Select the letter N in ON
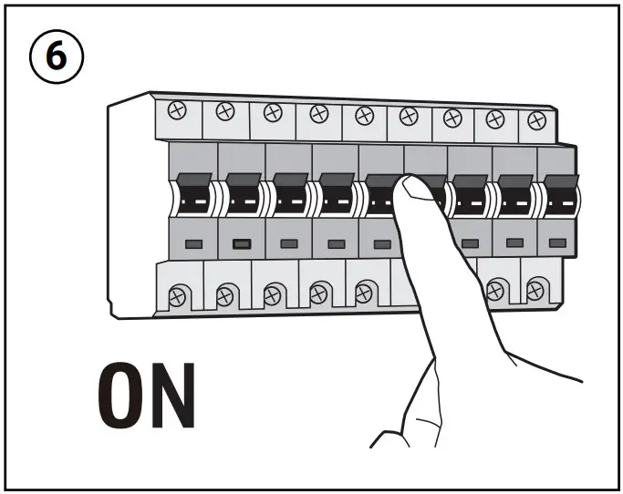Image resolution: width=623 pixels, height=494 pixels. coord(171,398)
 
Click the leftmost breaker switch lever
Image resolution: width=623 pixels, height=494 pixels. coord(194,193)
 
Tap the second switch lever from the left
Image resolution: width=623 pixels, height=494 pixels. coord(242,193)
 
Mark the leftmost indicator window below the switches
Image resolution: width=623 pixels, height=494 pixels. coord(194,243)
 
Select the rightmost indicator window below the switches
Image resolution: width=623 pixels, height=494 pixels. coord(558,243)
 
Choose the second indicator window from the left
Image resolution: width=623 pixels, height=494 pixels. coord(242,243)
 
